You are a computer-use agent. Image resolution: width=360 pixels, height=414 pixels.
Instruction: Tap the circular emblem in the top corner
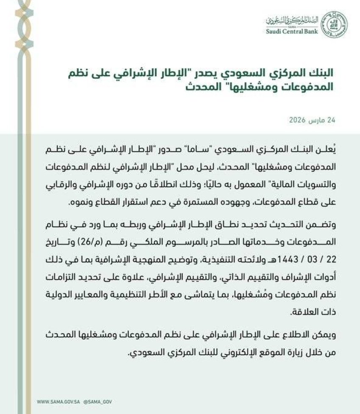[334, 24]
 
